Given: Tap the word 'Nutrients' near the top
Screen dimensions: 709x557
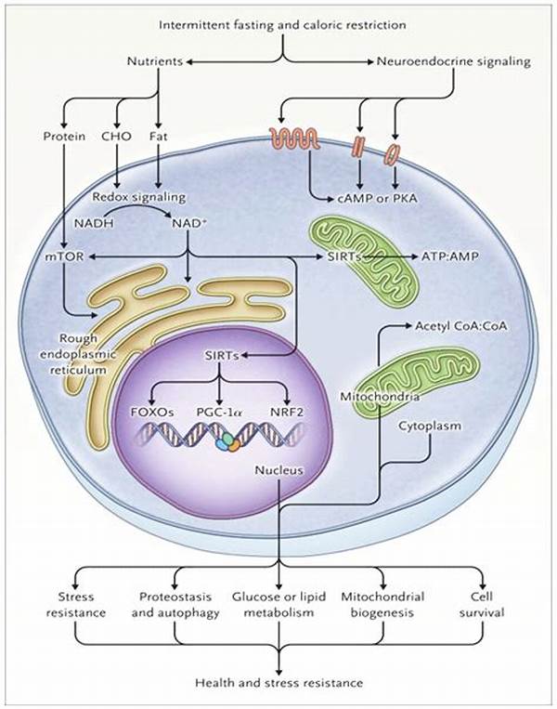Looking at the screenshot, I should [154, 62].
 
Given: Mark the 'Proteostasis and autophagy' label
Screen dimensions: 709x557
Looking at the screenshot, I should [175, 605].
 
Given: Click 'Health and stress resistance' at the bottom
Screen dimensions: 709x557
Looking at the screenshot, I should [278, 683].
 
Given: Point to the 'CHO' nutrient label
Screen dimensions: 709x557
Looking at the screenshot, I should [117, 137].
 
